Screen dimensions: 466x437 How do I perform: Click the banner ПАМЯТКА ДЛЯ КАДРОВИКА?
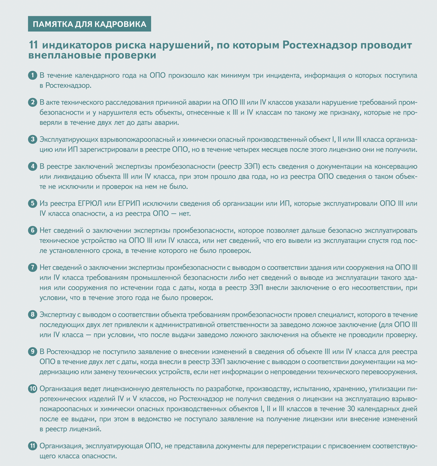(89, 24)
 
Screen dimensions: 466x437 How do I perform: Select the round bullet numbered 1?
(32, 75)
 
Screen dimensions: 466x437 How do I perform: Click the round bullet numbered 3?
(32, 139)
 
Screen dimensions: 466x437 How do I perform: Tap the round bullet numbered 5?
(32, 203)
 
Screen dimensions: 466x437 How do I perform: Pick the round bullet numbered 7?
(32, 267)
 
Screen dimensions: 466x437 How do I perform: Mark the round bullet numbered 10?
(33, 389)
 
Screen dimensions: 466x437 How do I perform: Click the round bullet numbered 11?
(32, 446)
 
